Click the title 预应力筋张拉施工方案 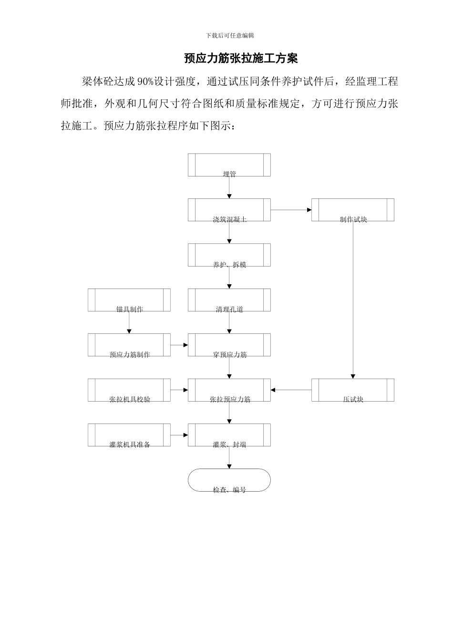pyautogui.click(x=241, y=59)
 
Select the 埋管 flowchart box pyautogui.click(x=229, y=165)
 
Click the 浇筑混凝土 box pyautogui.click(x=229, y=210)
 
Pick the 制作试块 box pyautogui.click(x=353, y=210)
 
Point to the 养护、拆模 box pyautogui.click(x=229, y=255)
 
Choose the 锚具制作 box pyautogui.click(x=129, y=300)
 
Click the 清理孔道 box pyautogui.click(x=229, y=300)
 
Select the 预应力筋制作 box pyautogui.click(x=129, y=345)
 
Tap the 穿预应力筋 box pyautogui.click(x=229, y=345)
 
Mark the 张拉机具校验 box pyautogui.click(x=129, y=390)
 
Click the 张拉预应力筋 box pyautogui.click(x=229, y=390)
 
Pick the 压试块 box pyautogui.click(x=353, y=390)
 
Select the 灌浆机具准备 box pyautogui.click(x=129, y=435)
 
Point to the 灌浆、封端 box pyautogui.click(x=229, y=435)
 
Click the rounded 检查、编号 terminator pyautogui.click(x=229, y=480)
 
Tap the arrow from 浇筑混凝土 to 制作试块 pyautogui.click(x=291, y=210)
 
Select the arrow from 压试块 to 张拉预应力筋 pyautogui.click(x=291, y=390)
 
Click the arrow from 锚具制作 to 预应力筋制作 pyautogui.click(x=129, y=322)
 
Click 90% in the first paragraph pyautogui.click(x=145, y=82)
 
